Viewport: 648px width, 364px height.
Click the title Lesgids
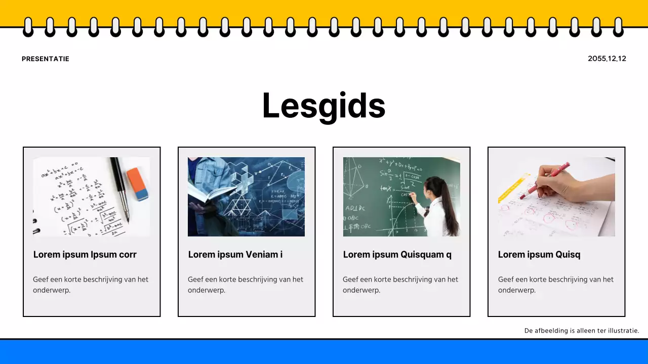tap(323, 106)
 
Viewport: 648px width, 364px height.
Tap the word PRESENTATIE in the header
tap(46, 59)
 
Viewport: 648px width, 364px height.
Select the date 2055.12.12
tap(606, 59)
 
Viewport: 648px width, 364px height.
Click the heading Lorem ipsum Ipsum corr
tap(85, 254)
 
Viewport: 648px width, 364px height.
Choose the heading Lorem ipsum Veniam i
tap(235, 254)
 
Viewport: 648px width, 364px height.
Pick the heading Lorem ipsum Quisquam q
tap(397, 254)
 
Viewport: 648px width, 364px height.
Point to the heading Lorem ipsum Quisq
tap(539, 254)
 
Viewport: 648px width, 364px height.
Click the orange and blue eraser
tap(138, 184)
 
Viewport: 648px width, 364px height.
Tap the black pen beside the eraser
tap(120, 187)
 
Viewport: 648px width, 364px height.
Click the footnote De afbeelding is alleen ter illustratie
tap(582, 331)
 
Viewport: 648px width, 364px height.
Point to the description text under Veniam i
tap(246, 284)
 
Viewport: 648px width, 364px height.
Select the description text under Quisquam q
tap(400, 284)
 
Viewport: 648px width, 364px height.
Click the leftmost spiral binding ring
tap(28, 27)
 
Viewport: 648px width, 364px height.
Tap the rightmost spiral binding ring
tap(618, 27)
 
